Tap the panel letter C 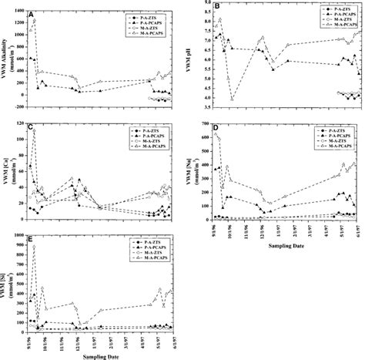point(30,126)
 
